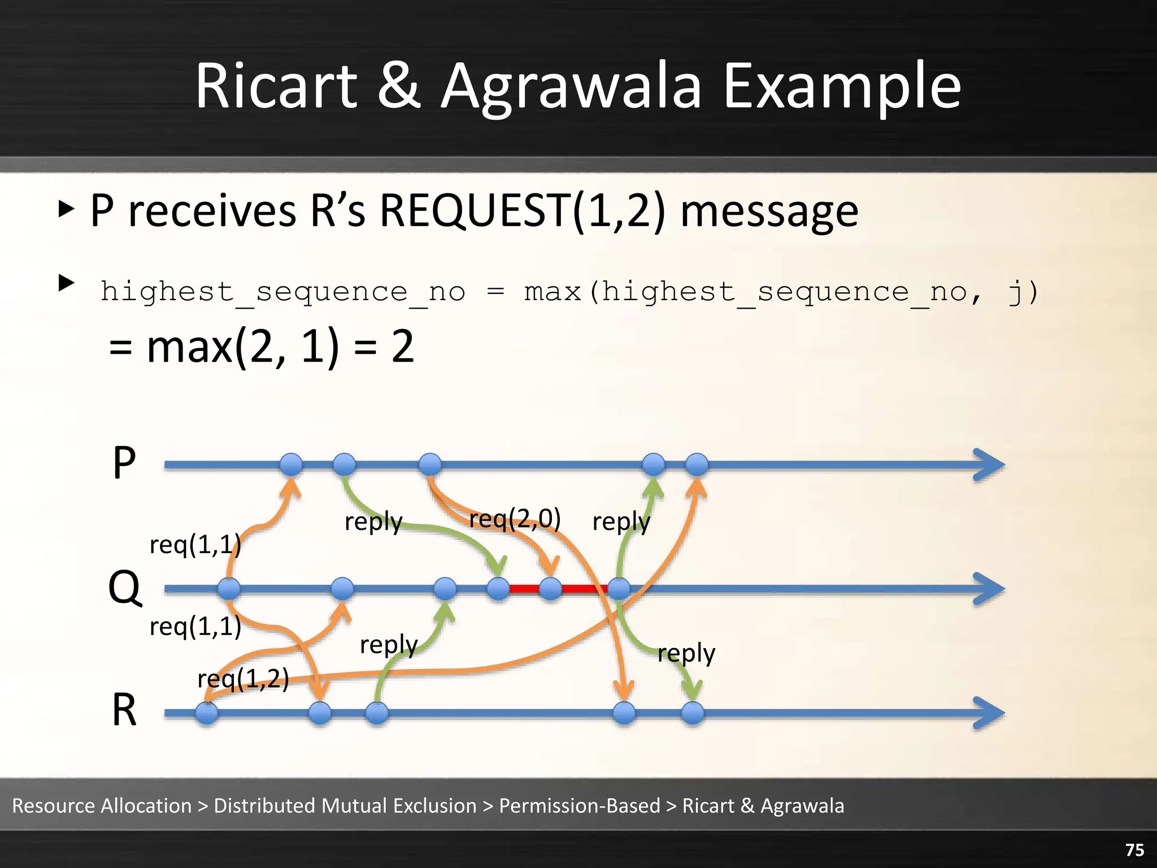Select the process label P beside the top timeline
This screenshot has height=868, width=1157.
(x=124, y=463)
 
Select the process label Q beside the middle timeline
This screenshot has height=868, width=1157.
(x=124, y=588)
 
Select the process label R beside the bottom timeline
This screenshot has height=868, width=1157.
(x=124, y=710)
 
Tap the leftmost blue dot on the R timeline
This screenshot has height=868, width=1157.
(x=207, y=713)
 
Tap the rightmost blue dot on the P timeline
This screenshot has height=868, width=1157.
(x=697, y=465)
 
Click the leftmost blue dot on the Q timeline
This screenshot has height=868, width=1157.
(x=229, y=589)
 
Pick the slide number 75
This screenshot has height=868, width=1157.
(x=1134, y=850)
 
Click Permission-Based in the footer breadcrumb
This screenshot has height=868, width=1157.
(x=580, y=806)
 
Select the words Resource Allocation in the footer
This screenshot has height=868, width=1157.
(x=102, y=806)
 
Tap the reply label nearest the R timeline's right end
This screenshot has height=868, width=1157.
(x=686, y=653)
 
